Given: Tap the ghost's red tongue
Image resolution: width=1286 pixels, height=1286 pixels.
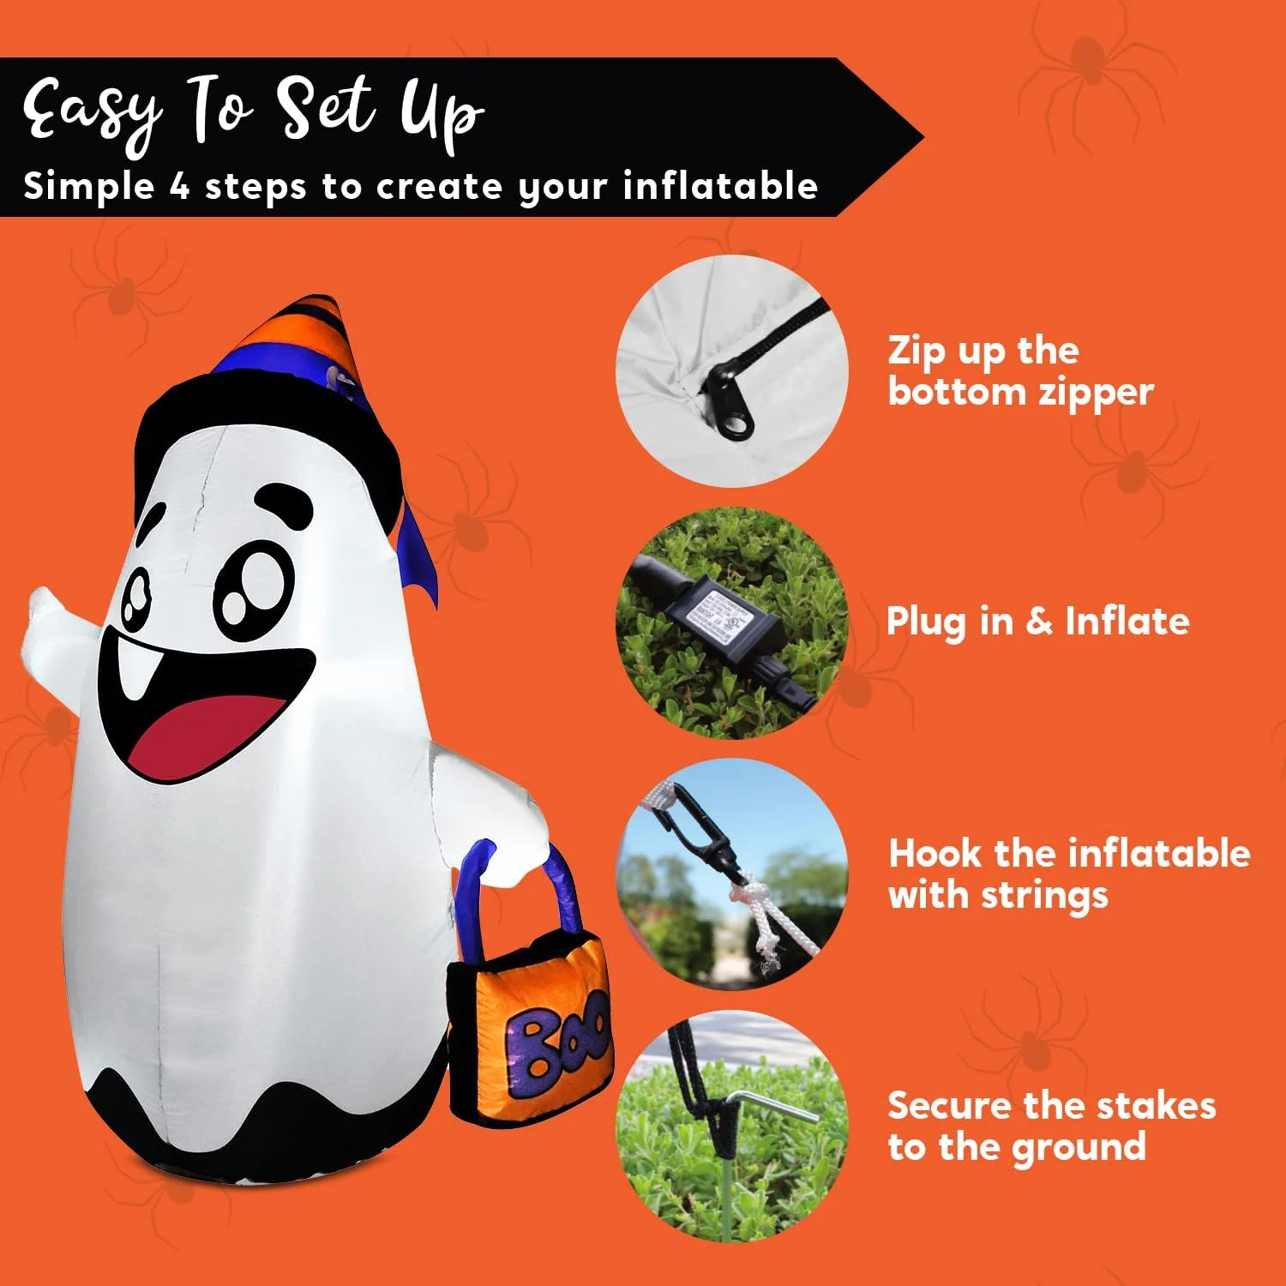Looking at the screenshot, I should coord(210,733).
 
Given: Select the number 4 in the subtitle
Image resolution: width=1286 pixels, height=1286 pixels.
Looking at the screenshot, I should coord(179,186).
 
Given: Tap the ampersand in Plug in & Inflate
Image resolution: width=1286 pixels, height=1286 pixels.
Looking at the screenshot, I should coord(1038,621).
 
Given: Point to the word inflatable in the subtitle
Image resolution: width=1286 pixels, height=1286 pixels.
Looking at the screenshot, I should coord(720,186).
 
